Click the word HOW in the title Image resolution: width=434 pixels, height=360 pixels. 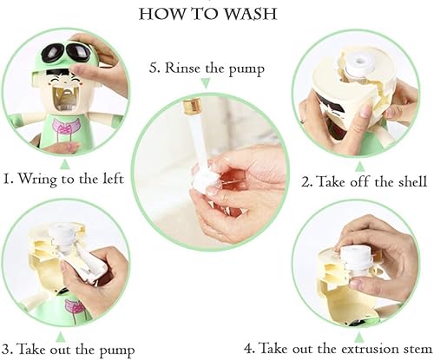click(x=162, y=16)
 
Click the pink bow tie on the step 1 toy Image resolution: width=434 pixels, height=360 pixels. click(x=62, y=131)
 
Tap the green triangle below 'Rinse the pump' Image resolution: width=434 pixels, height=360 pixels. click(x=206, y=83)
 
